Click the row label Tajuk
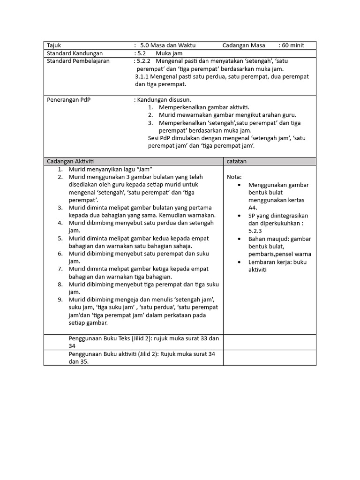[54, 45]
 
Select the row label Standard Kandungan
[75, 53]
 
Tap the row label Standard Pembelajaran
[78, 61]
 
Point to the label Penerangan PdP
[68, 100]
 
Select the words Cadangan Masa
[244, 45]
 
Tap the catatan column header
[237, 161]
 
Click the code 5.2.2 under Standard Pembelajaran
[143, 61]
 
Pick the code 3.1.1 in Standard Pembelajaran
[142, 76]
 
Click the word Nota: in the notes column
[234, 177]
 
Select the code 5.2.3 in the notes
[255, 231]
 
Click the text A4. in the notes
[253, 208]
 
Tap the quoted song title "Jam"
[143, 169]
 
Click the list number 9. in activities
[60, 300]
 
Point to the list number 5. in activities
[60, 239]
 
